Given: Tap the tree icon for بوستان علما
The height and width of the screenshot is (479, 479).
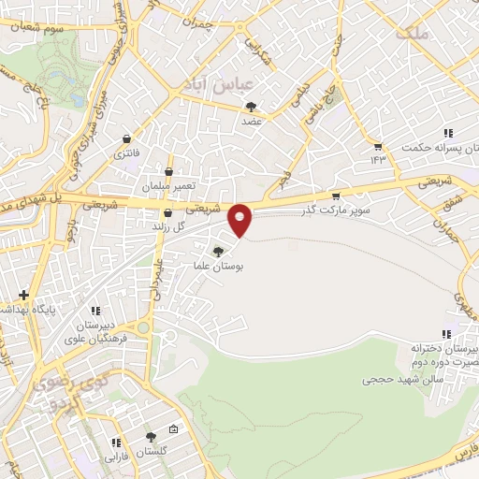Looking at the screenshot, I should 218,251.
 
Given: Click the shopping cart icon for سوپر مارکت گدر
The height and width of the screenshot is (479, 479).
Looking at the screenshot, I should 336,196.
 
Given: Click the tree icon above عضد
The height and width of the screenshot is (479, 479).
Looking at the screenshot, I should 250,108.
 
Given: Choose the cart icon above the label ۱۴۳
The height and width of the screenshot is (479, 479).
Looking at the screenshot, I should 377,146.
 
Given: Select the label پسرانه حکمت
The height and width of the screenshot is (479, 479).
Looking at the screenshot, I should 429,147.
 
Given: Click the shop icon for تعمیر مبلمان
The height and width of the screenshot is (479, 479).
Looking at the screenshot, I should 168,172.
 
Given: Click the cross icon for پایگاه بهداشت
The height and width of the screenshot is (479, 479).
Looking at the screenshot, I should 23,295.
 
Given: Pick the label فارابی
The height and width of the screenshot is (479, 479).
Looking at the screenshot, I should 113,457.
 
